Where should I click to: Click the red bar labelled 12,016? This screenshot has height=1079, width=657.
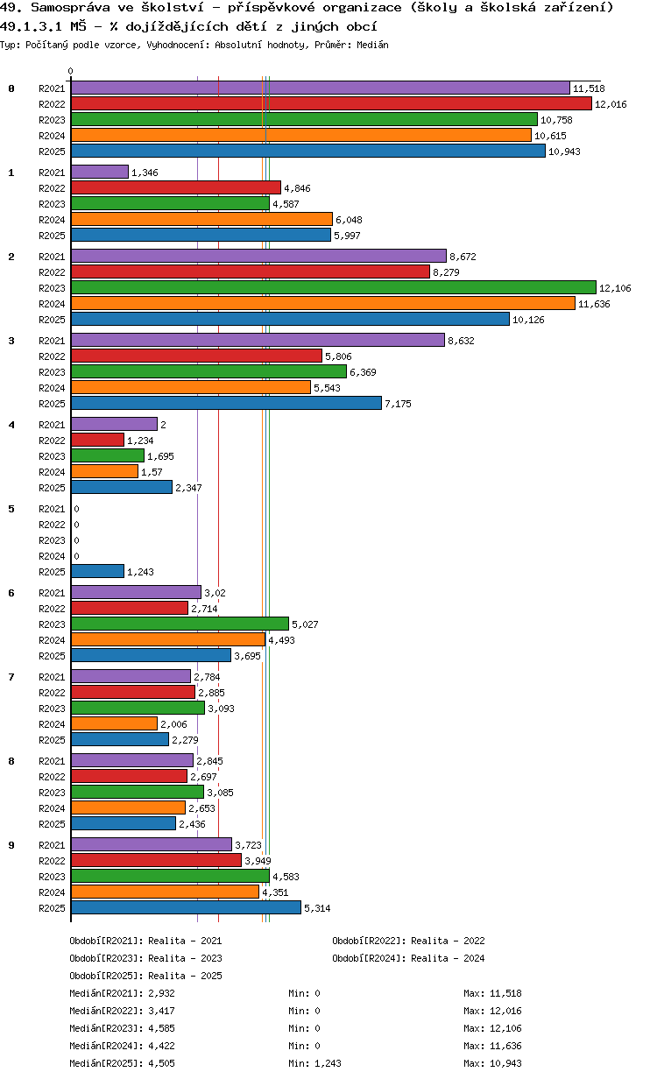click(x=331, y=103)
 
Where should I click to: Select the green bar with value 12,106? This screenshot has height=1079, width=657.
click(x=333, y=287)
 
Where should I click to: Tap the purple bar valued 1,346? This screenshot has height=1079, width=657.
click(x=99, y=173)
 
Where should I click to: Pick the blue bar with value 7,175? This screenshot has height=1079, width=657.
click(x=226, y=403)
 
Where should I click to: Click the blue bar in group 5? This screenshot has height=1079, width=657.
click(x=97, y=571)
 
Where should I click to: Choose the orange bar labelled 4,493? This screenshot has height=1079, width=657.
click(x=167, y=639)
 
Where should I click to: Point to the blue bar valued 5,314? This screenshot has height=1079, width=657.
click(x=186, y=907)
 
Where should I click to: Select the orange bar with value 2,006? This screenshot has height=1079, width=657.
click(x=114, y=723)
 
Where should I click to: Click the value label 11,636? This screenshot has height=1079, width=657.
click(x=594, y=304)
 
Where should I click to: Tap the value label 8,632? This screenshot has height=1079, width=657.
click(x=461, y=341)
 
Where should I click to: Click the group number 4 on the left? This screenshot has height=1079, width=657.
click(x=11, y=425)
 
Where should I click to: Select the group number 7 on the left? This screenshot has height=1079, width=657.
click(x=11, y=677)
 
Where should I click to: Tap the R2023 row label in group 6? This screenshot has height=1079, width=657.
click(x=53, y=624)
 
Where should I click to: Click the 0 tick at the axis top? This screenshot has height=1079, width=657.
click(x=71, y=72)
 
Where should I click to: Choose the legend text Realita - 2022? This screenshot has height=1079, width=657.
click(x=448, y=941)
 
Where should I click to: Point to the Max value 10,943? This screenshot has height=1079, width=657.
click(x=507, y=1063)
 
